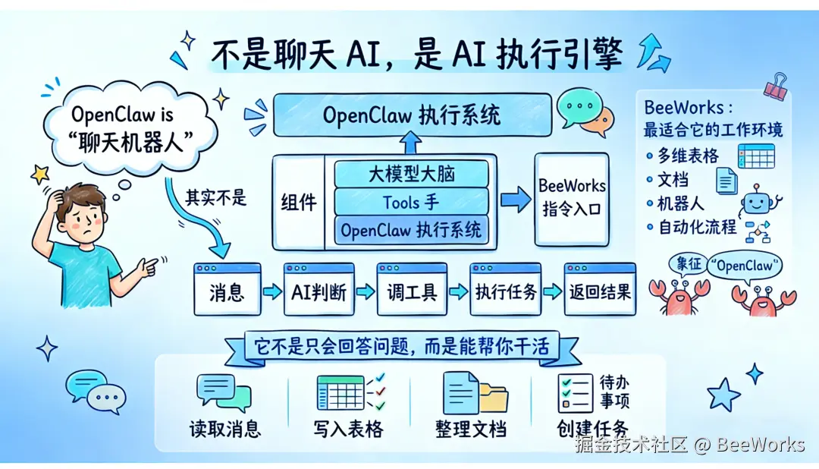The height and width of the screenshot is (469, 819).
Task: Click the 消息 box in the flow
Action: coord(227,289)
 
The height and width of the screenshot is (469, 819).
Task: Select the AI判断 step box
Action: coord(318,289)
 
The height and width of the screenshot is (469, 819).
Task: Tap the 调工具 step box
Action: coord(412,289)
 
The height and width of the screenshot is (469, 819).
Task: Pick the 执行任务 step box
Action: coord(505,289)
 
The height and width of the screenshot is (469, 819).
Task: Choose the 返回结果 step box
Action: coord(599,289)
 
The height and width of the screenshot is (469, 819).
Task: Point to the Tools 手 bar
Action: coord(411,202)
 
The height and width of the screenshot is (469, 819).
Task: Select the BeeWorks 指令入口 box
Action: coord(572,198)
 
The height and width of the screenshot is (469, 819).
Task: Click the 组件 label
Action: coord(298,202)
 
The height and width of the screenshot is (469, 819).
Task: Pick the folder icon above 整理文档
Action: coord(494,398)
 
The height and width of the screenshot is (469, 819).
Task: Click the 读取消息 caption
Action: coord(224,429)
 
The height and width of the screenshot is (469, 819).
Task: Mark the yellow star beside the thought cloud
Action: coord(39,175)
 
